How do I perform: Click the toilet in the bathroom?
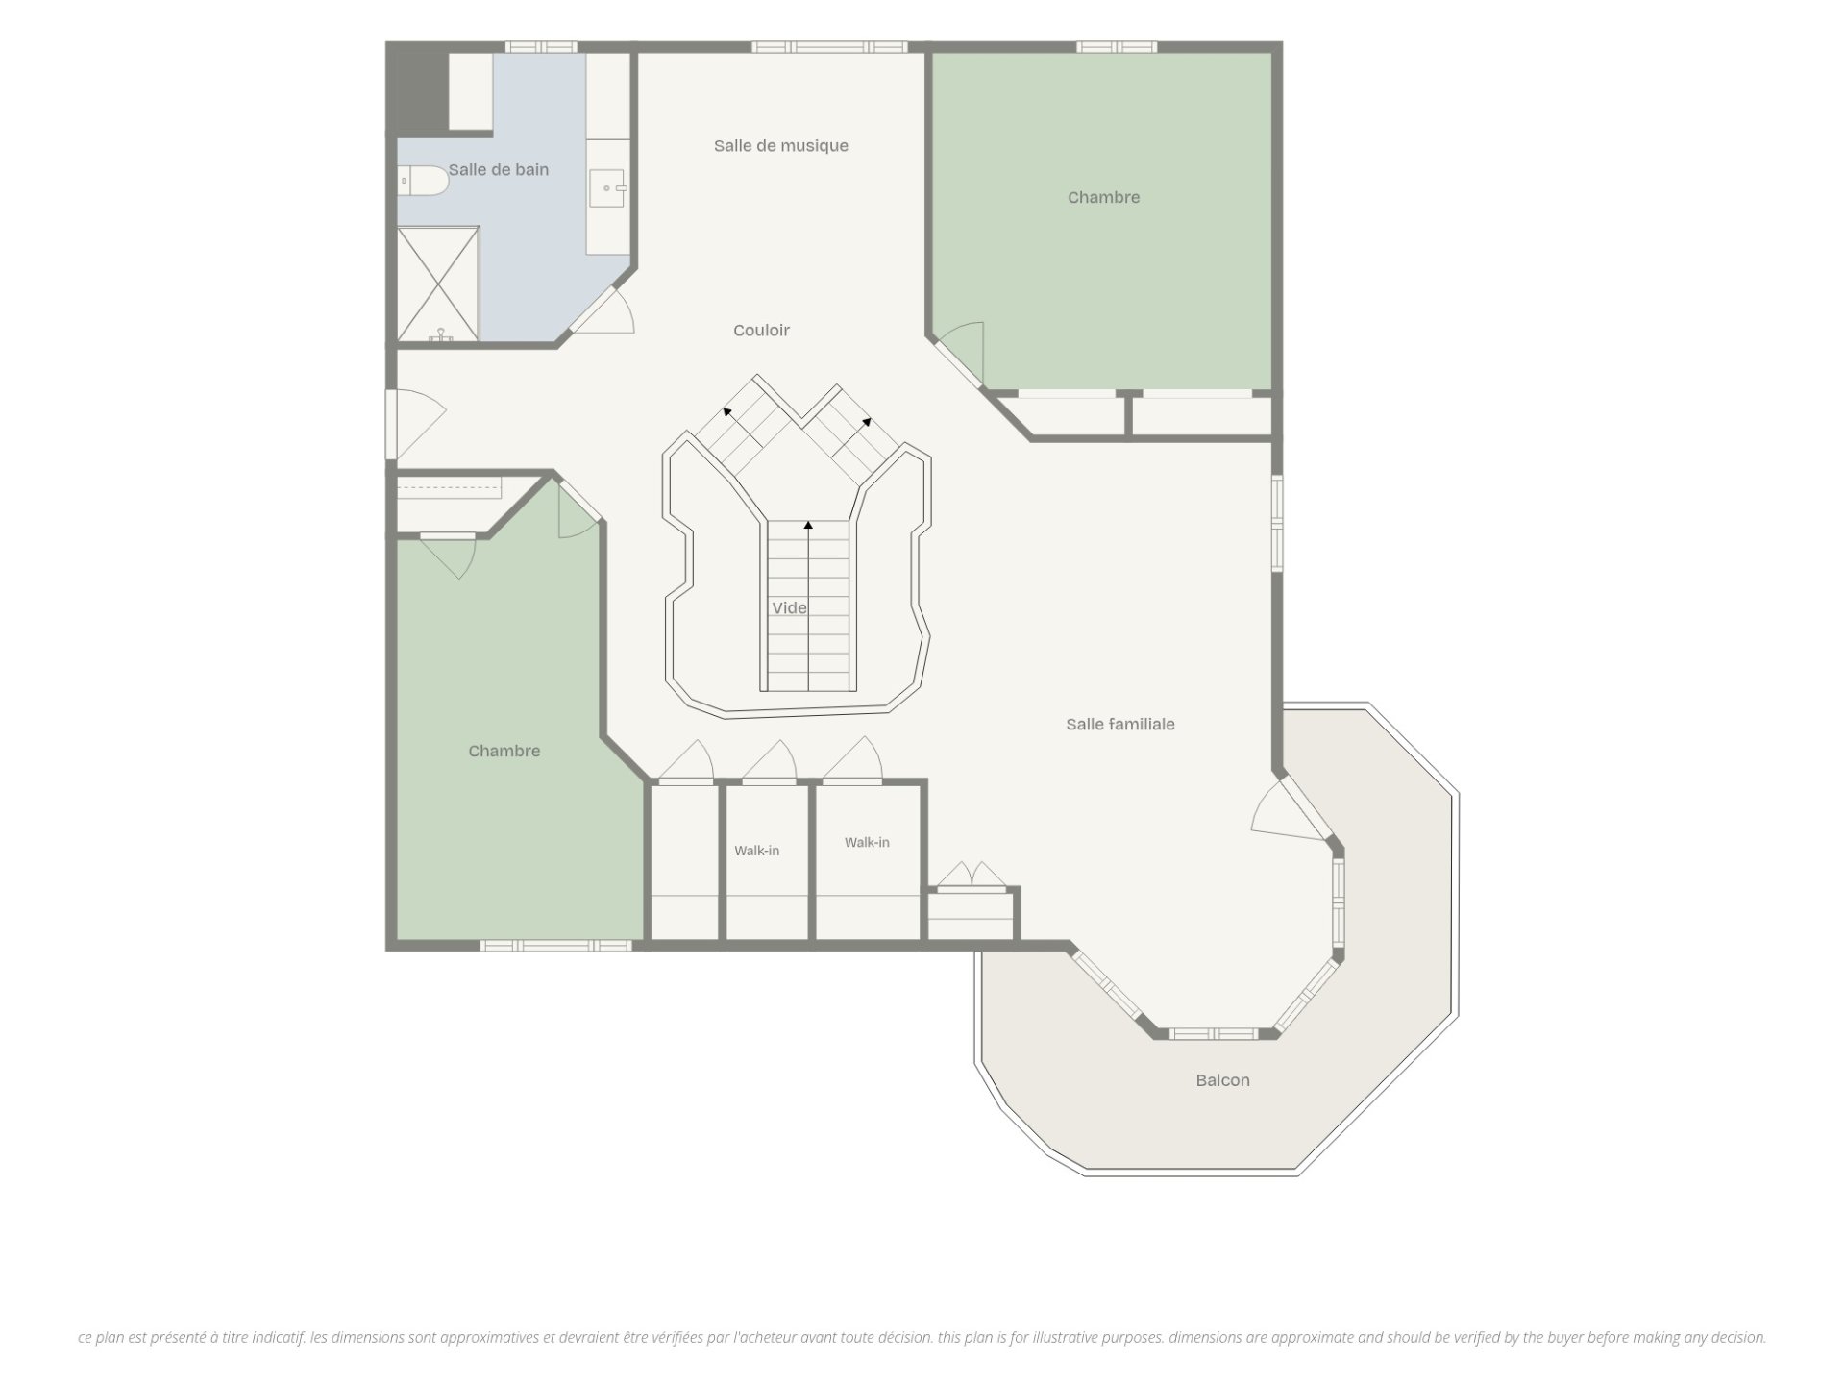pyautogui.click(x=423, y=180)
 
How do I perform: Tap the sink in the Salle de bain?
pyautogui.click(x=608, y=188)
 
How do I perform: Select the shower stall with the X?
pyautogui.click(x=438, y=283)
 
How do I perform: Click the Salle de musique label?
pyautogui.click(x=780, y=146)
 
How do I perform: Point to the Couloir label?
pyautogui.click(x=761, y=331)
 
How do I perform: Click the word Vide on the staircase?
pyautogui.click(x=789, y=608)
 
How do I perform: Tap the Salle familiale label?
pyautogui.click(x=1120, y=725)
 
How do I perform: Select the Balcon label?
pyautogui.click(x=1222, y=1080)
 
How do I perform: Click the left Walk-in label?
pyautogui.click(x=757, y=851)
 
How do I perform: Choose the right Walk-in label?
pyautogui.click(x=867, y=843)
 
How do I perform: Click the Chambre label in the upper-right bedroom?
pyautogui.click(x=1103, y=198)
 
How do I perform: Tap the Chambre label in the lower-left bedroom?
pyautogui.click(x=504, y=752)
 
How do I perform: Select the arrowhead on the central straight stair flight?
pyautogui.click(x=809, y=526)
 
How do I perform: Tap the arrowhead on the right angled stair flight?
pyautogui.click(x=867, y=421)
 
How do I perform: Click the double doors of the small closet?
pyautogui.click(x=971, y=875)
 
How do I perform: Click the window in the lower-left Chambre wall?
pyautogui.click(x=555, y=946)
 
